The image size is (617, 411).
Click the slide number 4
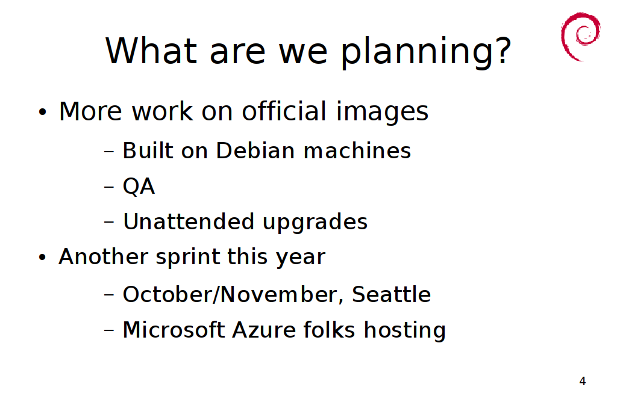coord(583,381)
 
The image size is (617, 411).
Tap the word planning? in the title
coord(425,52)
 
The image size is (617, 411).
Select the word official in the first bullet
coord(284,111)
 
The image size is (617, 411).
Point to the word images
coord(382,112)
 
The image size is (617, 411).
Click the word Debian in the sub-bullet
coord(255,150)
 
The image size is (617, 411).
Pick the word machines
coord(357,150)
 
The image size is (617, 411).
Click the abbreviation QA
coord(139,186)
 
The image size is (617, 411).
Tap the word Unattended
coord(189,221)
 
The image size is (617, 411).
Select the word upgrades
coord(315,223)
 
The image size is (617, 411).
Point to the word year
coord(300,258)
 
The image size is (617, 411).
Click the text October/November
coord(230,294)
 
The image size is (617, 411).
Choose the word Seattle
coord(391,294)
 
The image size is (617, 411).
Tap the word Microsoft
coord(174,329)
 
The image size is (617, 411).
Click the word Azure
coord(264,329)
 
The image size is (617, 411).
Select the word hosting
coord(404,331)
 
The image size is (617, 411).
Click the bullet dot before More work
coord(43,112)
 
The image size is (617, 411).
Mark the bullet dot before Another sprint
coord(43,258)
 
